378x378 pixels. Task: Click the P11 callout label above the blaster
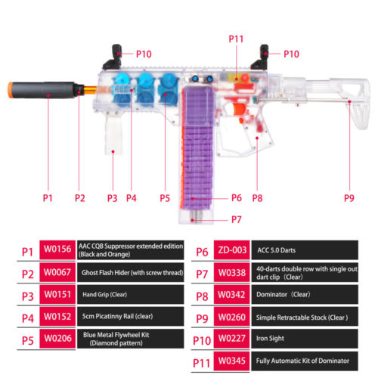[236, 39]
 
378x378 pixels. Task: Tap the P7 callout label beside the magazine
[237, 219]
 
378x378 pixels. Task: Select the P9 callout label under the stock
[349, 198]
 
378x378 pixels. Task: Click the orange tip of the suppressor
[11, 90]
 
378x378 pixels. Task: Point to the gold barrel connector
[90, 89]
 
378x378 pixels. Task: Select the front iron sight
[113, 57]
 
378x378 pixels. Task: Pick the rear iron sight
[260, 57]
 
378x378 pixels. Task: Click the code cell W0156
[57, 249]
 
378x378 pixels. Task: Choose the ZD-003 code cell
[232, 250]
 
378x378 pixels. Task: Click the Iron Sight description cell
[305, 338]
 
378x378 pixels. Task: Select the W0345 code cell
[232, 361]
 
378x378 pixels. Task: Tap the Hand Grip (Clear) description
[105, 294]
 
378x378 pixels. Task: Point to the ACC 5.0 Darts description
[277, 250]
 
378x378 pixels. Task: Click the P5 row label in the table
[28, 341]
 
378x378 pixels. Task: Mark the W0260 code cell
[232, 317]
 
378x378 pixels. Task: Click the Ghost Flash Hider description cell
[131, 272]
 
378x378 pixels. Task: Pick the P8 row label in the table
[202, 296]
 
